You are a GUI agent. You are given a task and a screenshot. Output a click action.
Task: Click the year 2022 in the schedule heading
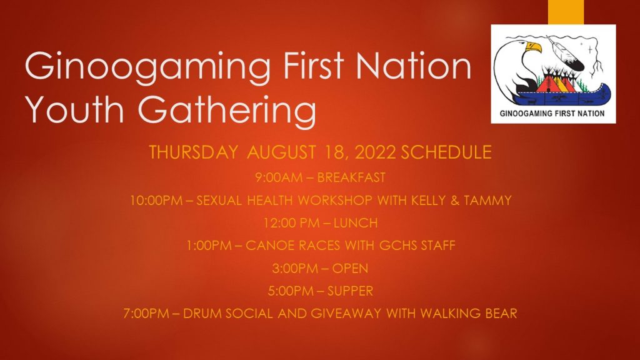pyautogui.click(x=375, y=152)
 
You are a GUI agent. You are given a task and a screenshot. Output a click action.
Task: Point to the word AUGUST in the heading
pyautogui.click(x=281, y=152)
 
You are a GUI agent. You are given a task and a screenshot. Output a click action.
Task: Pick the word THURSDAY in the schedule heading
pyautogui.click(x=194, y=152)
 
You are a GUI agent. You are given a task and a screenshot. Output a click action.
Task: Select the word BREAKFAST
pyautogui.click(x=351, y=177)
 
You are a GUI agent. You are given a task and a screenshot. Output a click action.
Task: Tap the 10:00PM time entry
pyautogui.click(x=156, y=201)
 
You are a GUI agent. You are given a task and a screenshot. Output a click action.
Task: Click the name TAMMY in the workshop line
pyautogui.click(x=487, y=201)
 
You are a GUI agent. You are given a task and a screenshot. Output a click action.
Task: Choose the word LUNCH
pyautogui.click(x=356, y=223)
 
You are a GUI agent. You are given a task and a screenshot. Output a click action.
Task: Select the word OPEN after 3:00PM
pyautogui.click(x=350, y=268)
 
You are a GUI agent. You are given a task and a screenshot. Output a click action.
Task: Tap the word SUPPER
pyautogui.click(x=350, y=291)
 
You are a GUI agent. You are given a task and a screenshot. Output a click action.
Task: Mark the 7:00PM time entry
pyautogui.click(x=146, y=314)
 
